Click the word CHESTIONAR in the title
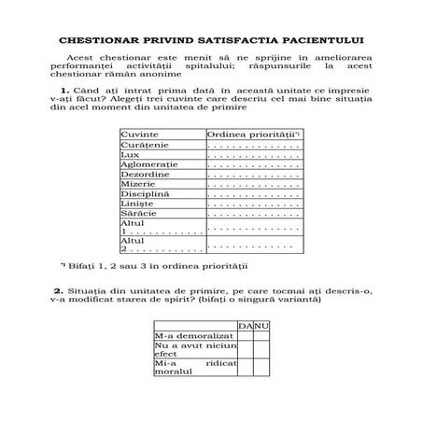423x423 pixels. pos(98,41)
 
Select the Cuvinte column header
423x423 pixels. pos(138,135)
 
